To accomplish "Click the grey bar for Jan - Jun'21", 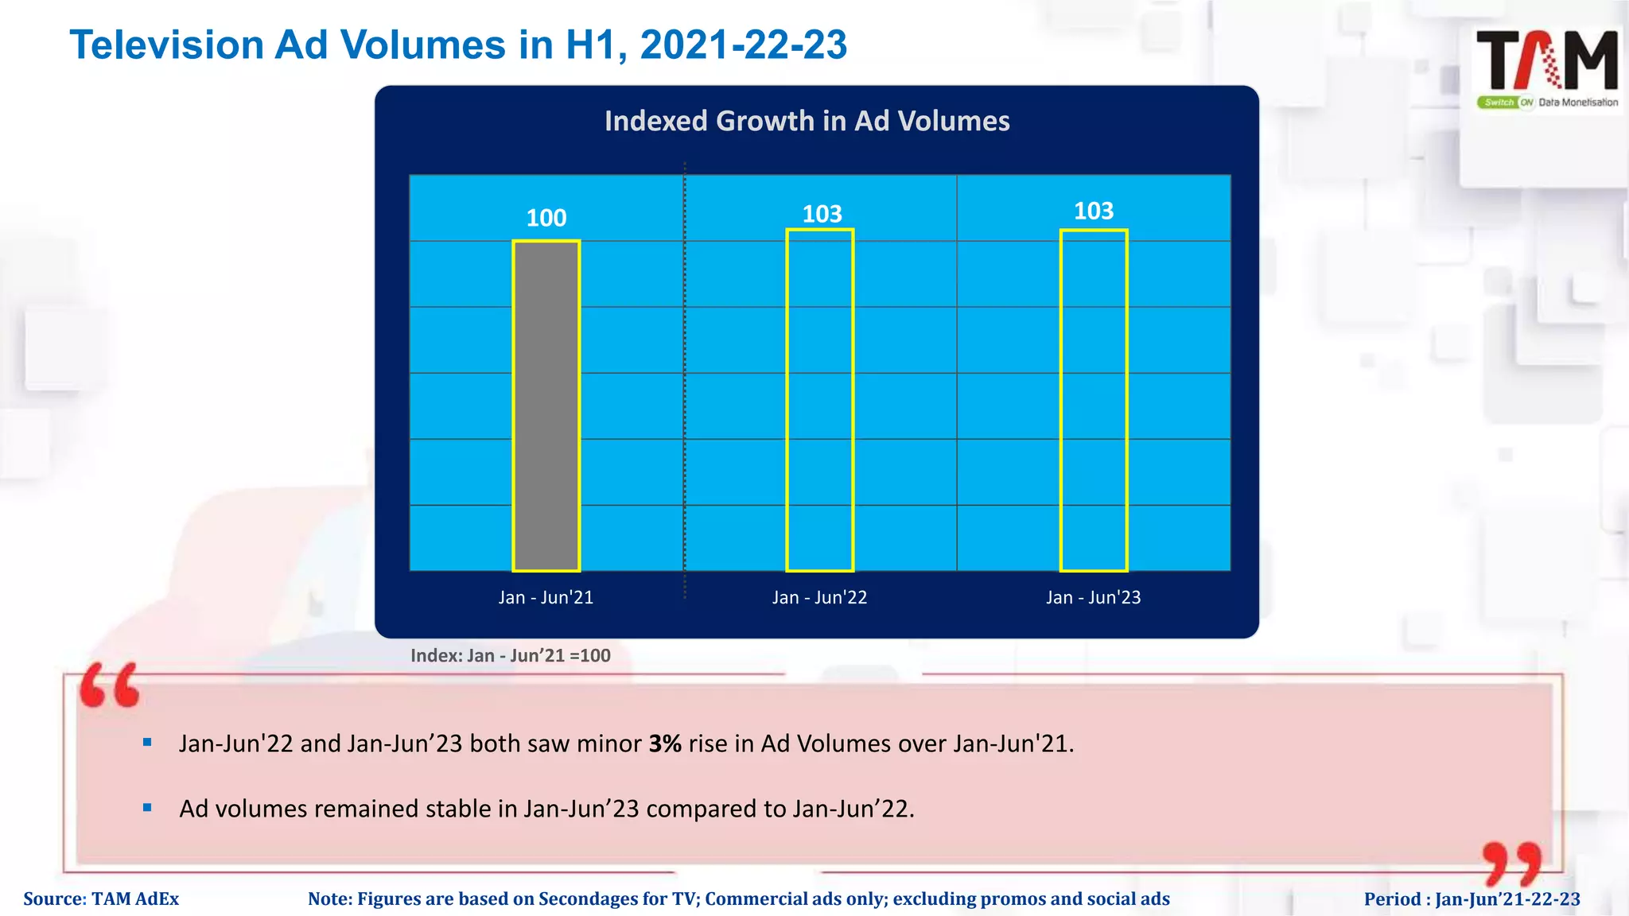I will pyautogui.click(x=546, y=406).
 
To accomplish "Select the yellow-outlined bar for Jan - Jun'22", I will pyautogui.click(x=819, y=400).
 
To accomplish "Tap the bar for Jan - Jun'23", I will pyautogui.click(x=1093, y=400).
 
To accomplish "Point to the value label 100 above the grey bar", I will pyautogui.click(x=546, y=218).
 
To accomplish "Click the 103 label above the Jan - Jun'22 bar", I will pyautogui.click(x=822, y=214).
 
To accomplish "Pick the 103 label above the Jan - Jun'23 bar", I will pyautogui.click(x=1094, y=211).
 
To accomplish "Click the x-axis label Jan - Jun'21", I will pyautogui.click(x=546, y=597).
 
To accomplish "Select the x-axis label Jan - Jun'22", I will pyautogui.click(x=819, y=597).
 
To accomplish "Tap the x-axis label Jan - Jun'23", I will pyautogui.click(x=1093, y=597).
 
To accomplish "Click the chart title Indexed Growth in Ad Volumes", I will pyautogui.click(x=807, y=121).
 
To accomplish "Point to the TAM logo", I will pyautogui.click(x=1546, y=68).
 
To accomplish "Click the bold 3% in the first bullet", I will pyautogui.click(x=665, y=743).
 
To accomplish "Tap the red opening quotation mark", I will pyautogui.click(x=110, y=685).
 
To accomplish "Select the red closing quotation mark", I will pyautogui.click(x=1511, y=864).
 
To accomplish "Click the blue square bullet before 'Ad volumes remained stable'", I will pyautogui.click(x=147, y=808).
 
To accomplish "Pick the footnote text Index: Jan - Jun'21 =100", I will pyautogui.click(x=510, y=655).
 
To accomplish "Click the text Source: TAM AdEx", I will pyautogui.click(x=101, y=899).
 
